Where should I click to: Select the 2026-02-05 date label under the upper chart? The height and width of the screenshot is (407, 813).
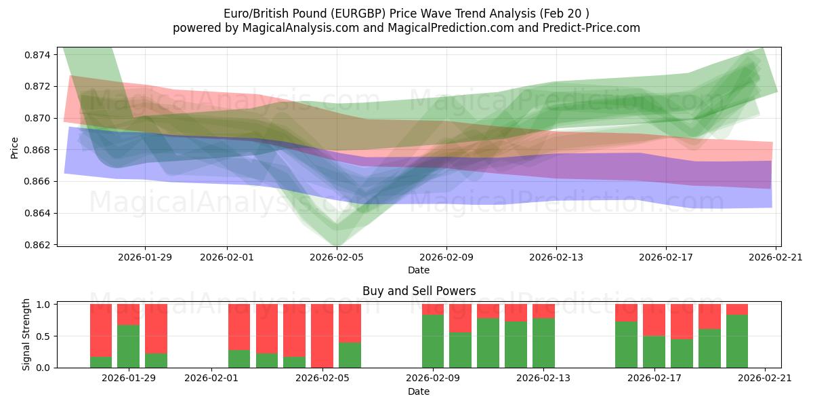click(337, 257)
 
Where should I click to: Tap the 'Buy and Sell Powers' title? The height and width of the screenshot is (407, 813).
click(419, 291)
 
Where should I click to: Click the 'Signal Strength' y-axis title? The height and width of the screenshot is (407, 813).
click(26, 334)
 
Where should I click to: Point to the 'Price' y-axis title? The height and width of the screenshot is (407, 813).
click(15, 147)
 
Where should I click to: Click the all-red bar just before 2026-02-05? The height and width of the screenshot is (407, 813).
click(322, 336)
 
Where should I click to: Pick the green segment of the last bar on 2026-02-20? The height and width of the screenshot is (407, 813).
click(737, 341)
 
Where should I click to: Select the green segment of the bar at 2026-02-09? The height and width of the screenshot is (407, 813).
click(433, 341)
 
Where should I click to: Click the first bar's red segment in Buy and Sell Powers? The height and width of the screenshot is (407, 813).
click(101, 330)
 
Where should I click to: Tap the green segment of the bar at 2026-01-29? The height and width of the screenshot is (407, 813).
click(128, 347)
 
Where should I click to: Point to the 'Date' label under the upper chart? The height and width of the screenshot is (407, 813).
click(419, 270)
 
